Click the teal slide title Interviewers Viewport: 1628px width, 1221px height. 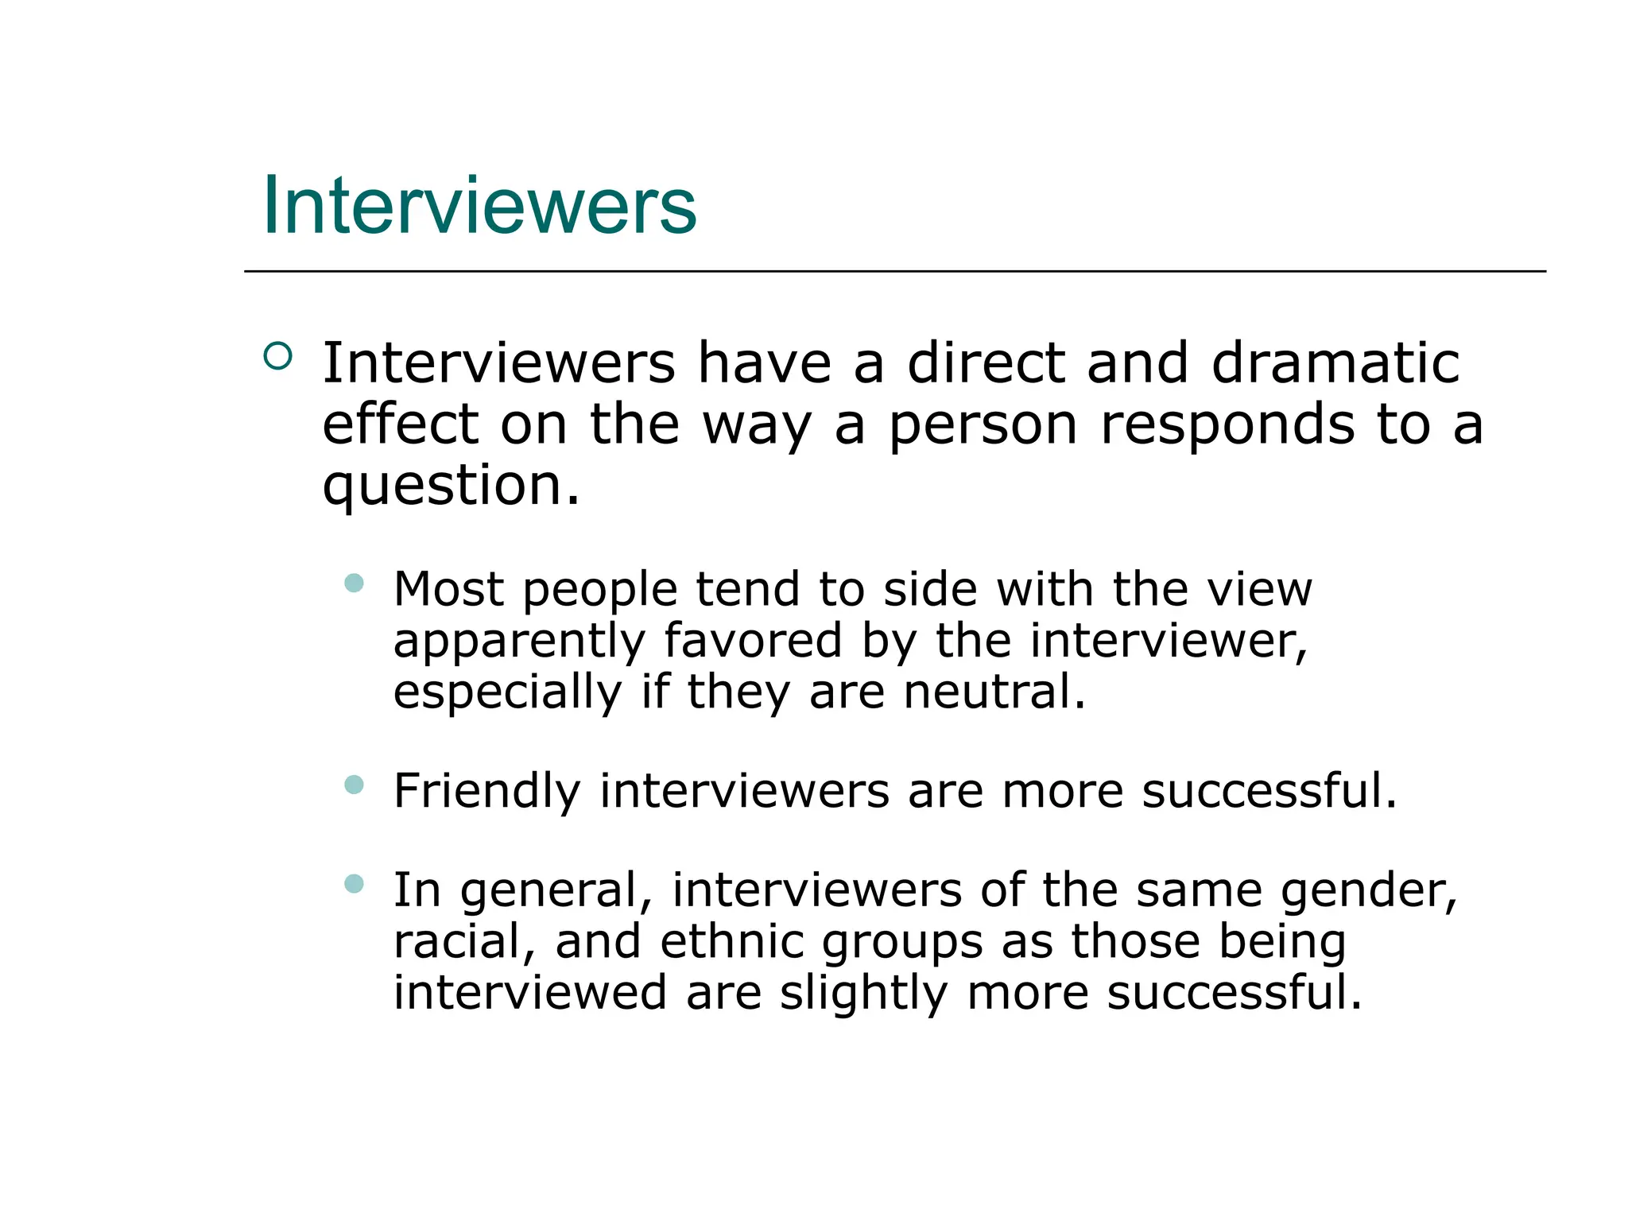(x=479, y=206)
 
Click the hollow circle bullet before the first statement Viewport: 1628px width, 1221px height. (x=277, y=355)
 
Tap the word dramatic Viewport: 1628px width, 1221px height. (x=1335, y=363)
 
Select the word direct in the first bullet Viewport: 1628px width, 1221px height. (x=986, y=363)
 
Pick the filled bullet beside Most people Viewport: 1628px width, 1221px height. (x=355, y=583)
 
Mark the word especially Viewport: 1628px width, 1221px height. (x=507, y=692)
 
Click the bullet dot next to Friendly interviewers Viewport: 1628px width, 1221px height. (x=355, y=785)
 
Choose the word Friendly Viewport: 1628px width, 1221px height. (x=487, y=792)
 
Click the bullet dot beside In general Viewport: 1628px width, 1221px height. (x=355, y=883)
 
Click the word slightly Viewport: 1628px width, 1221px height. (x=863, y=994)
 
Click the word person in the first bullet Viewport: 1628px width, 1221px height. (x=983, y=426)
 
